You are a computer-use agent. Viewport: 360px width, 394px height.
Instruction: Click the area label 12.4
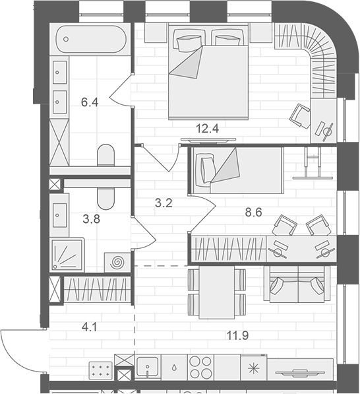[x=208, y=129]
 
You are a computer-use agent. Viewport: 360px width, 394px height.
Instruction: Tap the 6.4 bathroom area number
[x=90, y=102]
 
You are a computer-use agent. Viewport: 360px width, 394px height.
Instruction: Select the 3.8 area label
[x=92, y=219]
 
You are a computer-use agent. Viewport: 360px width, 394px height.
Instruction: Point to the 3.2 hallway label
[x=164, y=203]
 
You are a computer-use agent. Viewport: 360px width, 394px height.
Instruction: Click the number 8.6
[x=254, y=213]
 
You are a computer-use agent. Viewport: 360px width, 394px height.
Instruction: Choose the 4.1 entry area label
[x=90, y=327]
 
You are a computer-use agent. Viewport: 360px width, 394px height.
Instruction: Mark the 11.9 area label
[x=237, y=335]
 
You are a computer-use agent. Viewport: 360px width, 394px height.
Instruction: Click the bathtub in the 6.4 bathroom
[x=92, y=39]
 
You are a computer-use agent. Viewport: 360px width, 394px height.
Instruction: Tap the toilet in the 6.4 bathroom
[x=106, y=155]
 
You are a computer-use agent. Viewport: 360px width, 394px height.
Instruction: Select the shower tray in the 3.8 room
[x=67, y=255]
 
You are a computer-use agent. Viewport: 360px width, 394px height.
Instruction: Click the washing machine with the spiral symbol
[x=117, y=263]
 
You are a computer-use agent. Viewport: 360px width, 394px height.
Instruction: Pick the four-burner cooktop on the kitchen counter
[x=200, y=368]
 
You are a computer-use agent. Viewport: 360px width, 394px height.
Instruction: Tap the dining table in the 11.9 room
[x=218, y=292]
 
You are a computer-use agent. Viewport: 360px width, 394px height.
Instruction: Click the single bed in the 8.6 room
[x=237, y=170]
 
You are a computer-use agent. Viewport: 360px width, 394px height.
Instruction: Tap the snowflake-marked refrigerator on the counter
[x=254, y=368]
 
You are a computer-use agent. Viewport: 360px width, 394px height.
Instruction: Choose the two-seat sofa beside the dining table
[x=297, y=284]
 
